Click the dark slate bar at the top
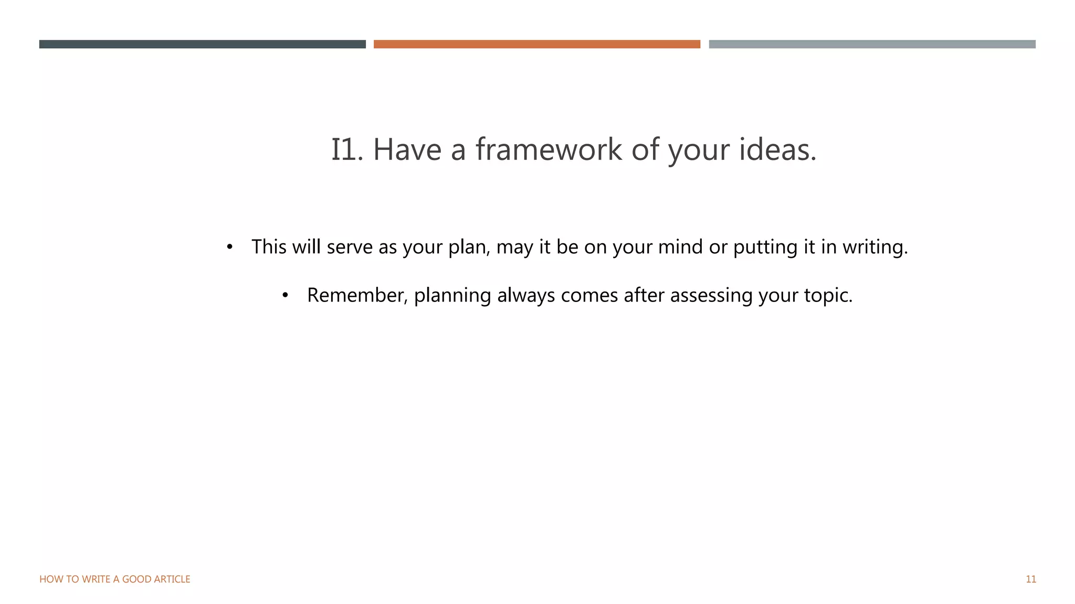(202, 44)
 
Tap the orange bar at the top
(536, 44)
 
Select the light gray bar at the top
(872, 44)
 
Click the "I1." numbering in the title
(347, 149)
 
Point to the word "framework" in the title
(549, 149)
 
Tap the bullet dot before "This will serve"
(229, 247)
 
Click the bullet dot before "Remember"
(285, 296)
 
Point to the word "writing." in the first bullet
(875, 247)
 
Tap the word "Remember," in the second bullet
(357, 296)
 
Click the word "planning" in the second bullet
(452, 296)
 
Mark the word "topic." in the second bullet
(828, 296)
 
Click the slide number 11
(1030, 579)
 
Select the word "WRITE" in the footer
(96, 579)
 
